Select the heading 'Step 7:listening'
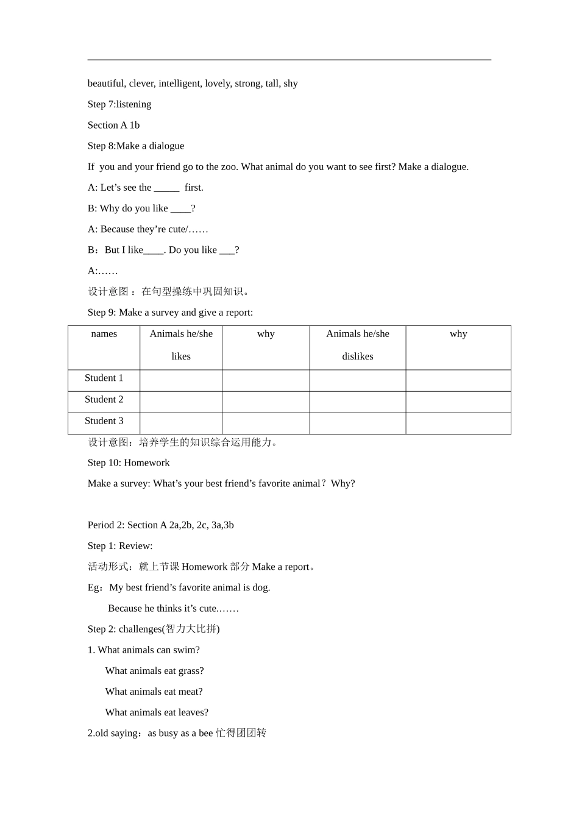click(x=119, y=104)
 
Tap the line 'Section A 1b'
click(x=113, y=125)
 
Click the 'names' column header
click(x=104, y=334)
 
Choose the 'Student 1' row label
click(x=104, y=378)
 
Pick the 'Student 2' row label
click(x=104, y=399)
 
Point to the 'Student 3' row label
click(x=104, y=420)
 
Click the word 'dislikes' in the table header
click(x=358, y=356)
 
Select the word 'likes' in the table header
click(x=181, y=356)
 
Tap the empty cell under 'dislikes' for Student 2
click(x=358, y=402)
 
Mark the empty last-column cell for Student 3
click(x=458, y=424)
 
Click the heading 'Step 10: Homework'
click(x=129, y=463)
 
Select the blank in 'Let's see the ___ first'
click(x=166, y=188)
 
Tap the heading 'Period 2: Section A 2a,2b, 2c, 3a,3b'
click(x=161, y=525)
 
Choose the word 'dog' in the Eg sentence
click(x=260, y=587)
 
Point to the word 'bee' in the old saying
click(x=205, y=733)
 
